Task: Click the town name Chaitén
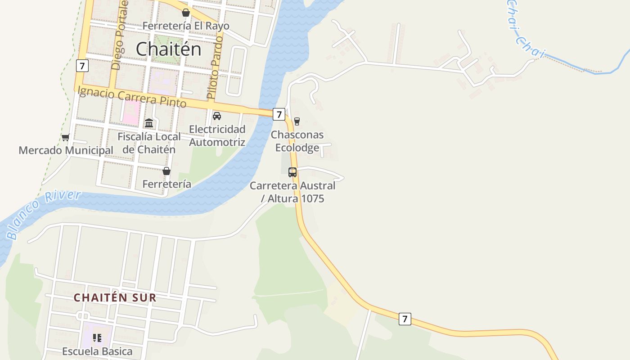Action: (168, 49)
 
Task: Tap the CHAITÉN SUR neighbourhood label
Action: (115, 297)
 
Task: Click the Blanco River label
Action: (43, 214)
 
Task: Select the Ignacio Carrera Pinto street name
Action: (132, 96)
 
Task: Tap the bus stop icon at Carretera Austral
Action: (292, 172)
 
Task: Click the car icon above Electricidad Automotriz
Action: (217, 116)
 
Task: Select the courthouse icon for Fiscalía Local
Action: (149, 123)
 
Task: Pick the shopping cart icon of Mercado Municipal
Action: (66, 137)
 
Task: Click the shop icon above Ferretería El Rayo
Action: (185, 13)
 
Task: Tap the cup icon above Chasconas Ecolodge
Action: (297, 121)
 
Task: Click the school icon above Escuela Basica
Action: (97, 338)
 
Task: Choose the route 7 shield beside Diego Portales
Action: (82, 66)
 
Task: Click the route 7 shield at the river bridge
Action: (279, 114)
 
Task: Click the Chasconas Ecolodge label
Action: (297, 141)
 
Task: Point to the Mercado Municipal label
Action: (66, 150)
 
